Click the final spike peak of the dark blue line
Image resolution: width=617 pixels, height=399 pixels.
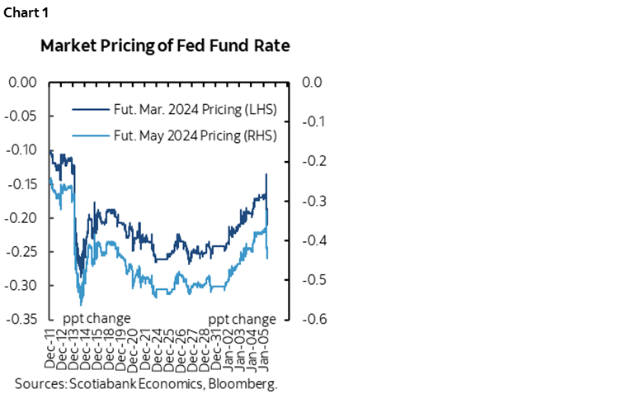(266, 174)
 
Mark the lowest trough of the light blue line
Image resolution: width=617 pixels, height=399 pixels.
(81, 305)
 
